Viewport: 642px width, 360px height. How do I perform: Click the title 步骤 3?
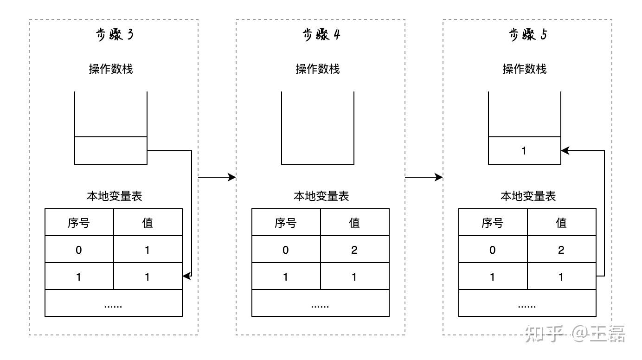click(x=114, y=35)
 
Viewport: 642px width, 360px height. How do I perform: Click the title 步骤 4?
click(x=321, y=35)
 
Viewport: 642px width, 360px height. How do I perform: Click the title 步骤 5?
click(x=528, y=35)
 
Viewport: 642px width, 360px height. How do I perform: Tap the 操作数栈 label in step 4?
click(x=318, y=69)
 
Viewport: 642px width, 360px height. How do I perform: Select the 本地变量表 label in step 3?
click(x=114, y=196)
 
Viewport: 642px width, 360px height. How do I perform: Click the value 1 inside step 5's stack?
click(x=524, y=151)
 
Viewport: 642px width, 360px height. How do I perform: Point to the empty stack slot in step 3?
click(x=111, y=150)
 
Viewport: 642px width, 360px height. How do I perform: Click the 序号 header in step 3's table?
click(x=79, y=223)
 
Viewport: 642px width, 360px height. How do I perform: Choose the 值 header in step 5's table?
click(x=561, y=223)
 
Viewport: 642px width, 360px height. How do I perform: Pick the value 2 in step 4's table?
click(x=354, y=250)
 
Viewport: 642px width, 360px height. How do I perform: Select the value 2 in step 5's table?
click(x=561, y=250)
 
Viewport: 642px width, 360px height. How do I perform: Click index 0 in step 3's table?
click(x=79, y=250)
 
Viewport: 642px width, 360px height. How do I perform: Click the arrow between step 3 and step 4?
click(x=217, y=177)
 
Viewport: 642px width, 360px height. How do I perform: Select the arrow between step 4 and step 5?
click(x=424, y=177)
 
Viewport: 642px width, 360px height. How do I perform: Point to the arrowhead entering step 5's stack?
click(x=565, y=150)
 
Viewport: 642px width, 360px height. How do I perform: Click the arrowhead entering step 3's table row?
click(x=186, y=276)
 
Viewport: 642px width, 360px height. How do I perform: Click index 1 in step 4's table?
click(x=286, y=277)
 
